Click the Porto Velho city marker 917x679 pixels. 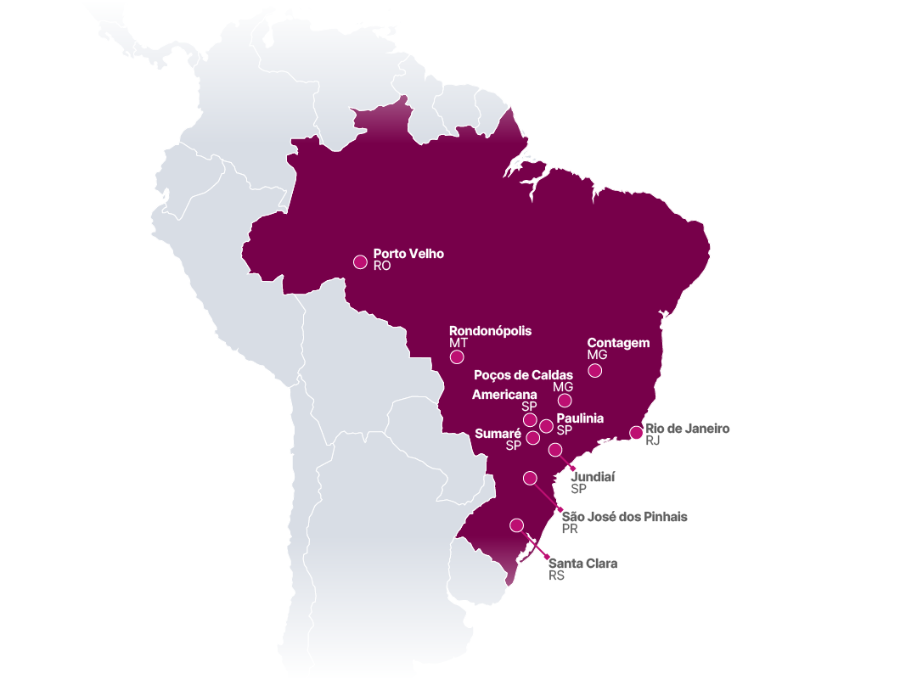coord(361,261)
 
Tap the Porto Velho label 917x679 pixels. coord(408,254)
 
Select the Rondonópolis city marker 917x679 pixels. coord(456,356)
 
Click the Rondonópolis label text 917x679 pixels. coord(490,330)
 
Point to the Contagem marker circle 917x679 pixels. coord(595,370)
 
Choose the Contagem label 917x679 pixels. coord(618,343)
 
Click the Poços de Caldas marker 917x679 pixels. coord(565,401)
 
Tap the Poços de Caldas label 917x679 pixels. coord(523,374)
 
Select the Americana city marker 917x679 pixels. coord(530,420)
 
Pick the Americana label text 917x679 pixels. coord(504,395)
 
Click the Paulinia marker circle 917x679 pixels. coord(546,426)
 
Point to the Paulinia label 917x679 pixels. coord(580,418)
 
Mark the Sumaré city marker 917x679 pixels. coord(532,438)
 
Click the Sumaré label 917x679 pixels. coord(498,433)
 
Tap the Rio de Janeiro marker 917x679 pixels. coord(636,433)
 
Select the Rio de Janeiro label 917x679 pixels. coord(687,429)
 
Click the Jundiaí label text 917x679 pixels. coord(593,477)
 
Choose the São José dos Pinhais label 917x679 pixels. coord(624,516)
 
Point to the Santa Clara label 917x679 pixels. coord(582,563)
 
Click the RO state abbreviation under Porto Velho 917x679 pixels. coord(382,266)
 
